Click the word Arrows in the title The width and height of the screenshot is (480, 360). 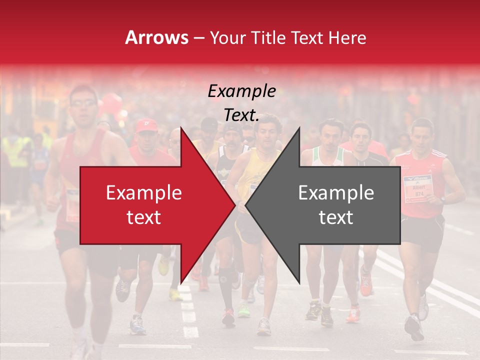[156, 37]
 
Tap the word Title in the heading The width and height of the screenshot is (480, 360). [267, 37]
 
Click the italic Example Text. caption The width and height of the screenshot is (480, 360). [242, 103]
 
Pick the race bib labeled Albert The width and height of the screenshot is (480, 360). [417, 188]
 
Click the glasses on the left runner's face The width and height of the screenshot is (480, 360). [83, 103]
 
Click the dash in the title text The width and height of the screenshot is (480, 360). [199, 38]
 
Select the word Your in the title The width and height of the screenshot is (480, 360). [228, 37]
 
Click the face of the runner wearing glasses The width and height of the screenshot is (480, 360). [83, 105]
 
